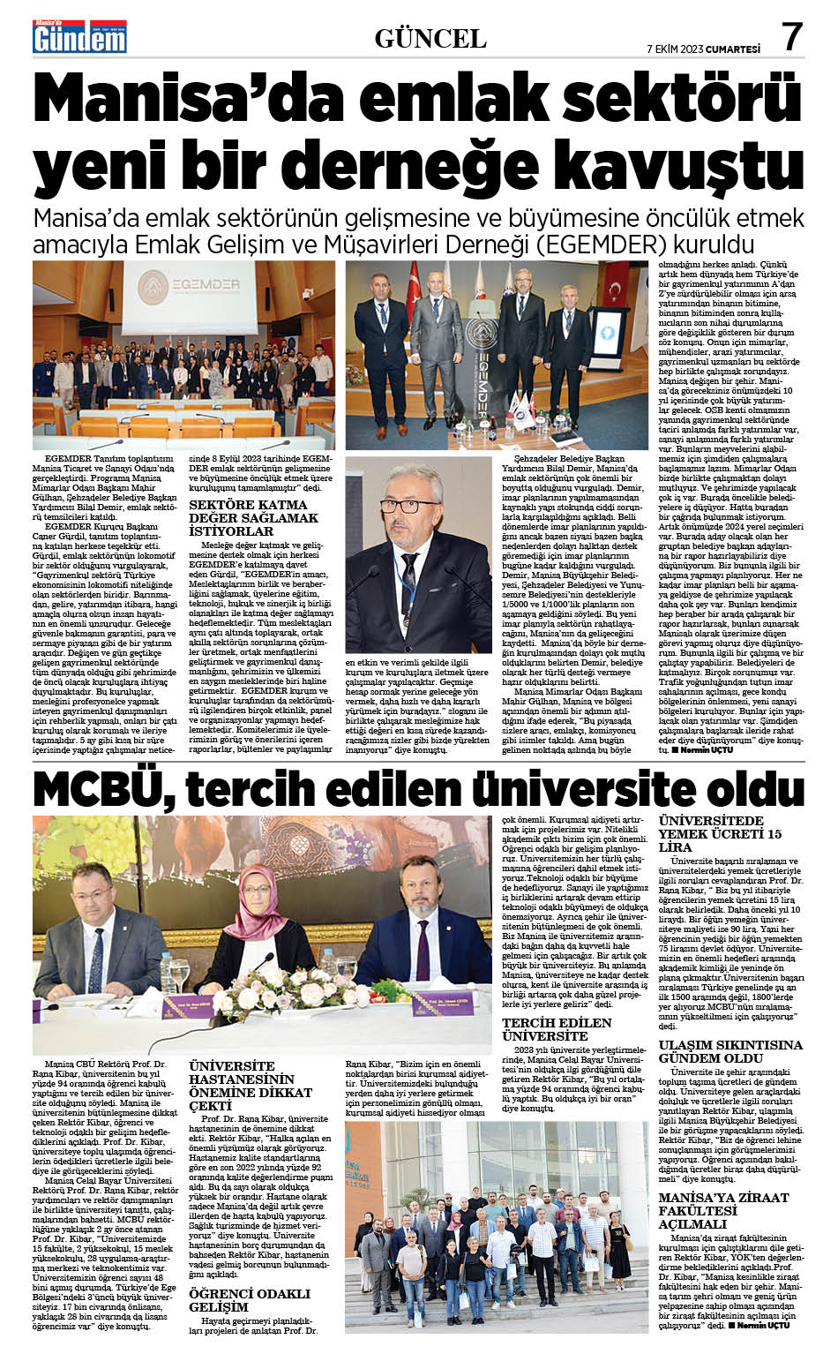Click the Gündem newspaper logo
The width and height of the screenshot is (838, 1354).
click(x=80, y=37)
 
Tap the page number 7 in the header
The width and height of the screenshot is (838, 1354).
click(x=791, y=37)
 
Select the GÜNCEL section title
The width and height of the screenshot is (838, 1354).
click(x=430, y=38)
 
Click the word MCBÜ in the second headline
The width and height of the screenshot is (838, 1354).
click(x=96, y=788)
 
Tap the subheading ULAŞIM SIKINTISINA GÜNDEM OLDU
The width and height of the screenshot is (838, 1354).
click(x=730, y=1051)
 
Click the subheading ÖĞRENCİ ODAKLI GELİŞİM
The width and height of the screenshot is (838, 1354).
click(x=250, y=1300)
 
